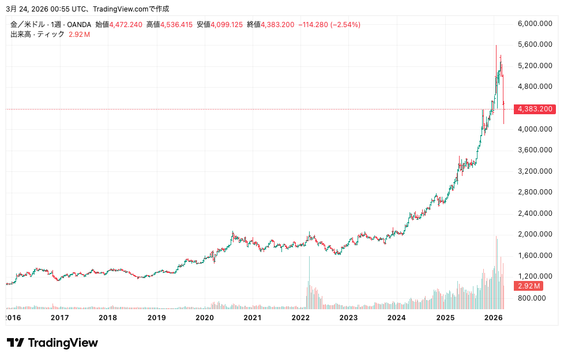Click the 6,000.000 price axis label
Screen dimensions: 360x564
click(536, 24)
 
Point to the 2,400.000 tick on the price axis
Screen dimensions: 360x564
click(536, 213)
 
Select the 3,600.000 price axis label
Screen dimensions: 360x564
click(536, 150)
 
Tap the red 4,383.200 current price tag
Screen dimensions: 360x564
click(535, 109)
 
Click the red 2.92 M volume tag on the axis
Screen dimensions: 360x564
click(528, 286)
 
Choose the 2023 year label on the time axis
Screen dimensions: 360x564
click(348, 318)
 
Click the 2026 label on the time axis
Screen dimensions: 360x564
click(493, 318)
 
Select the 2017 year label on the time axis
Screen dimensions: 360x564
click(60, 318)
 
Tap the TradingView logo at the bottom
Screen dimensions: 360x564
click(52, 343)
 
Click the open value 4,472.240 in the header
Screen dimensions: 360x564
click(126, 25)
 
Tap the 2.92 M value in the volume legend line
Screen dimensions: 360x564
click(79, 35)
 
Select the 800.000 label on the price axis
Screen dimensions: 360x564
click(531, 298)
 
